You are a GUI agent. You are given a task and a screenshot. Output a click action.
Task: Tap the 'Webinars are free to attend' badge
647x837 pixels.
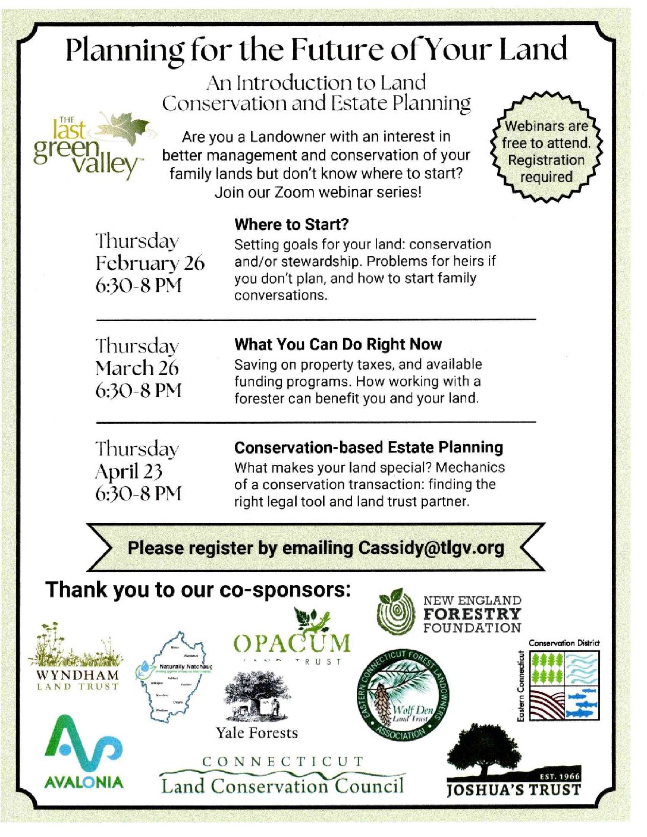546,152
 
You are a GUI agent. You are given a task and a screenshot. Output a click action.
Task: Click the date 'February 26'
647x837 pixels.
150,263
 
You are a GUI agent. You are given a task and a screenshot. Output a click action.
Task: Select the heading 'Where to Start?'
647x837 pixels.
291,225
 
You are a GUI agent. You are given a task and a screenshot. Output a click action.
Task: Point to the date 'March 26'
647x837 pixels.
137,368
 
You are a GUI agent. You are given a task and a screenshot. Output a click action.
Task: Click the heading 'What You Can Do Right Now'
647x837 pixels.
338,345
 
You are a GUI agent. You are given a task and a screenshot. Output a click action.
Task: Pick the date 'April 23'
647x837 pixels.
128,471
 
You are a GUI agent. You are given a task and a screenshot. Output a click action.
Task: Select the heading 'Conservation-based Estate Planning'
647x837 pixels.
368,448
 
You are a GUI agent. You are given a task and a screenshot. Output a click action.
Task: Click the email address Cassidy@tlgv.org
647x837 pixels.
431,547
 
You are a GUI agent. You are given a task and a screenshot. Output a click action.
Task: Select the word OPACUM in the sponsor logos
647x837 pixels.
292,643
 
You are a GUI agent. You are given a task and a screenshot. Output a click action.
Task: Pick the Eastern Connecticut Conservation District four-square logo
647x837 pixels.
564,685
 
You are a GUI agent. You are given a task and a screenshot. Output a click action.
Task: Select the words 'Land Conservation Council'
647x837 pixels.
282,786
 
